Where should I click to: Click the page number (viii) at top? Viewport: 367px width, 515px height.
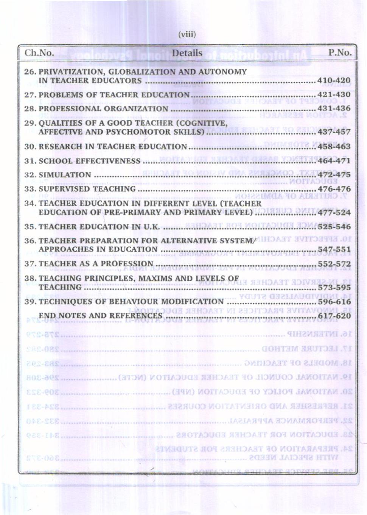click(187, 34)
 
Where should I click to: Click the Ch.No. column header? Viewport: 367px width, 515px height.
click(39, 53)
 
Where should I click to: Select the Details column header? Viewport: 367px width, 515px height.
click(187, 53)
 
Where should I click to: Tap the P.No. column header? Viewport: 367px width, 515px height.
click(340, 52)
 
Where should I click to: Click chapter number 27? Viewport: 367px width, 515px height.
click(30, 95)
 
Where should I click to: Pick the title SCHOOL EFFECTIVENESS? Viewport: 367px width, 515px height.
click(89, 161)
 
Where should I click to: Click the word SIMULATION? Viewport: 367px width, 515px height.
click(65, 175)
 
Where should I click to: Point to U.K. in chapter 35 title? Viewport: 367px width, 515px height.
click(151, 227)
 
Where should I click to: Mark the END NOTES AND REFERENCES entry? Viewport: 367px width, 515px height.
click(100, 316)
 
